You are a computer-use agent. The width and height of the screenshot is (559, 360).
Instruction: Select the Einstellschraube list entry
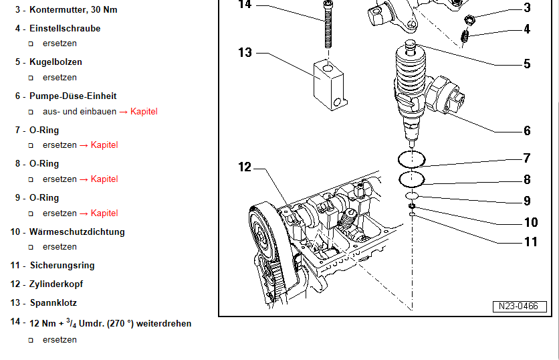click(x=65, y=29)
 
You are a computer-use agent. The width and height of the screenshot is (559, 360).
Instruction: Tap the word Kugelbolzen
click(x=55, y=62)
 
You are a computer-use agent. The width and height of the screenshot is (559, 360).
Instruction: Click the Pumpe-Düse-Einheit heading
click(x=73, y=96)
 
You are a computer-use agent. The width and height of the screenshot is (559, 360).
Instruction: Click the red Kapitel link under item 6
click(x=144, y=111)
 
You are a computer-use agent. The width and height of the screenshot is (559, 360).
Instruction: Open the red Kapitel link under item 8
click(x=104, y=179)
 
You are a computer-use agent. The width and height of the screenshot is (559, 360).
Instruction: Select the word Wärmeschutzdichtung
click(x=77, y=232)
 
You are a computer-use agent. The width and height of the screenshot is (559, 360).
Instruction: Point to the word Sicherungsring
click(x=62, y=265)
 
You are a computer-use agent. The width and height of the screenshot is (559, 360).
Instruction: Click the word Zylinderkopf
click(x=56, y=284)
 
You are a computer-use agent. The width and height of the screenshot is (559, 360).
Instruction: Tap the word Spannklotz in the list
click(x=53, y=302)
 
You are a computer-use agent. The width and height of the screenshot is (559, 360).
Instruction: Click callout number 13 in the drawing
click(x=245, y=52)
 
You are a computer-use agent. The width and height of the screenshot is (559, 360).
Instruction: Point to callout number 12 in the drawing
click(x=245, y=167)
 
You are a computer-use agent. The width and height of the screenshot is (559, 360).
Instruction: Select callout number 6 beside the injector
click(x=527, y=131)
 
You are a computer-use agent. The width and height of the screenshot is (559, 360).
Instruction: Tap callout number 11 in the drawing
click(x=530, y=242)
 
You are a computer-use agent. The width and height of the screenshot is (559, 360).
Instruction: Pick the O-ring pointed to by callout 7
click(x=411, y=159)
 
